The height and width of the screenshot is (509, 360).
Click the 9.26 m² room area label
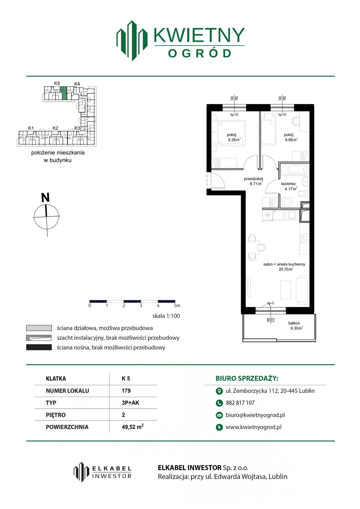[x=234, y=140]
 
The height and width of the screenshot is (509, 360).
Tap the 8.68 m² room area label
[x=291, y=140]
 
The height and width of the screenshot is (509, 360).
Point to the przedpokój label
[x=253, y=179]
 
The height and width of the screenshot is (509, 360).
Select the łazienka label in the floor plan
[x=288, y=184]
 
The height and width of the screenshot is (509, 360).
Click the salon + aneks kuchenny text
[x=284, y=264]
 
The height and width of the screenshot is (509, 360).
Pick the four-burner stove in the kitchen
[x=305, y=239]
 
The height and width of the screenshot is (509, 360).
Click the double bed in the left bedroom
[x=228, y=132]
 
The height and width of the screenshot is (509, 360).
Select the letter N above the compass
[x=45, y=197]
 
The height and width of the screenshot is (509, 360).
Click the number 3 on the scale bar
[x=141, y=305]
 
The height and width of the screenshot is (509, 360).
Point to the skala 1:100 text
[x=166, y=316]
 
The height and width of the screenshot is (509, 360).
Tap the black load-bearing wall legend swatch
[x=39, y=347]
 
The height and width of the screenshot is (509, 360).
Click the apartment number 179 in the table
[x=126, y=391]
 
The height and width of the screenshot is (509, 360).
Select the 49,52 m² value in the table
[x=133, y=427]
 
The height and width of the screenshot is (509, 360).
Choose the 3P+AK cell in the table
[x=130, y=403]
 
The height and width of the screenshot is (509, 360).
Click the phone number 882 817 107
[x=240, y=403]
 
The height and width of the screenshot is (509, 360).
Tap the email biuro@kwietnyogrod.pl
[x=255, y=415]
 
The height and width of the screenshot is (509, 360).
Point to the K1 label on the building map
[x=31, y=128]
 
